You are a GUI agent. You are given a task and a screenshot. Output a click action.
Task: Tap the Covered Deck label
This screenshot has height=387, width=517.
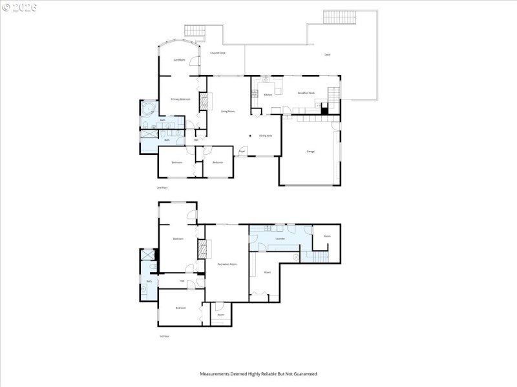tap(218, 53)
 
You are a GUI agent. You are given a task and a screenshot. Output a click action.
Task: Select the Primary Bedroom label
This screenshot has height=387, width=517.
tap(180, 99)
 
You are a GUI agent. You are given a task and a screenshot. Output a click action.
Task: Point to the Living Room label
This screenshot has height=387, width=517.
tap(227, 111)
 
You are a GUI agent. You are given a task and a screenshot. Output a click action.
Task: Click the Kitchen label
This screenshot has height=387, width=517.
tap(268, 95)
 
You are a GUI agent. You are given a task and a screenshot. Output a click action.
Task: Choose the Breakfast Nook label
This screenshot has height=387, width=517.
tap(306, 93)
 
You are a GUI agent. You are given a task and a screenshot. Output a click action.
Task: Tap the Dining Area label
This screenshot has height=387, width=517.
tap(265, 136)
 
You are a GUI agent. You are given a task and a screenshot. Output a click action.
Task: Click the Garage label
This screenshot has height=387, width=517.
tap(310, 151)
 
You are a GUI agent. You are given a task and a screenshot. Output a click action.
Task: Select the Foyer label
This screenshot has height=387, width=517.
tap(242, 152)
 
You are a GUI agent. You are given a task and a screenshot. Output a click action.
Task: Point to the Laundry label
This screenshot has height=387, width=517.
tap(280, 239)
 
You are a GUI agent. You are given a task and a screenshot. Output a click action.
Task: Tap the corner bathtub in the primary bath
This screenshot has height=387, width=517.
tap(148, 108)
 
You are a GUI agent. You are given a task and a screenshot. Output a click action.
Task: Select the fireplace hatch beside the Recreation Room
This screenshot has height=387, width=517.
tap(202, 248)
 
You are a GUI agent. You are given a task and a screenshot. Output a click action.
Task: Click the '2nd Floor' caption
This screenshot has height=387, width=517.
tap(162, 188)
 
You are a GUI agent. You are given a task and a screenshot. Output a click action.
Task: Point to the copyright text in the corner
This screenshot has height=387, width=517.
tap(19, 7)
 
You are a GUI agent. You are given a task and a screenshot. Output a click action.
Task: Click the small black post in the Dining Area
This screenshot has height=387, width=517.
tap(251, 135)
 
